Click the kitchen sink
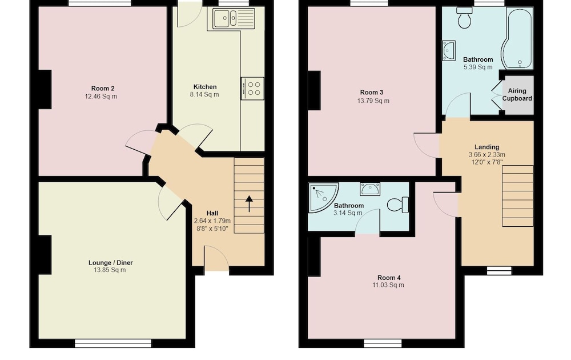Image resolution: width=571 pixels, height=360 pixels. pos(232,19)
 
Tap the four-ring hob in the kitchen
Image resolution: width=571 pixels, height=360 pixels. pos(252,89)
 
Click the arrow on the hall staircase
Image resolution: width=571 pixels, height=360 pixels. pos(249,203)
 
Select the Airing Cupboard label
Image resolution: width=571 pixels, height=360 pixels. pos(517,95)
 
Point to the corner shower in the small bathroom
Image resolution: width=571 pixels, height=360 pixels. pos(323,198)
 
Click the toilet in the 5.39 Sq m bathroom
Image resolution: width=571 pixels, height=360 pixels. pos(464,18)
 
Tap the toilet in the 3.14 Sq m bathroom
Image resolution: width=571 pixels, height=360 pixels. pos(398,205)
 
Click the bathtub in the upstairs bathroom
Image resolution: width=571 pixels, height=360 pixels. pos(517,38)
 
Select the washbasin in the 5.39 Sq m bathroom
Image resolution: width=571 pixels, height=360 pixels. pos(449,51)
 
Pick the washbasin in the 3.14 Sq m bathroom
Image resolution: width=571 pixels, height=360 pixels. pos(370,189)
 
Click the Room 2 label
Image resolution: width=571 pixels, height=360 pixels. pos(103,89)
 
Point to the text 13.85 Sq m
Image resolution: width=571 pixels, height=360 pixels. pos(110,270)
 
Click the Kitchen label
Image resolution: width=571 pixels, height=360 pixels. pos(205,87)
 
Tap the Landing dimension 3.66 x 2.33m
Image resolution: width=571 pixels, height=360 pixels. pos(487,154)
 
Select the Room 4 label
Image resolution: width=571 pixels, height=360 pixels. pos(389,278)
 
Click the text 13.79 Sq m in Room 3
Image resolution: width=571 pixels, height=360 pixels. pos(373,101)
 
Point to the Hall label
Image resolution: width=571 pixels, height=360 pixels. pos(212,213)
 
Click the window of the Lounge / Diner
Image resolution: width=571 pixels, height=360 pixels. pos(113,343)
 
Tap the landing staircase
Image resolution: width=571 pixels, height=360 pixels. pos(518,196)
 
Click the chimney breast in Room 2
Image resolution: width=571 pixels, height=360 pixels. pos(45,89)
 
